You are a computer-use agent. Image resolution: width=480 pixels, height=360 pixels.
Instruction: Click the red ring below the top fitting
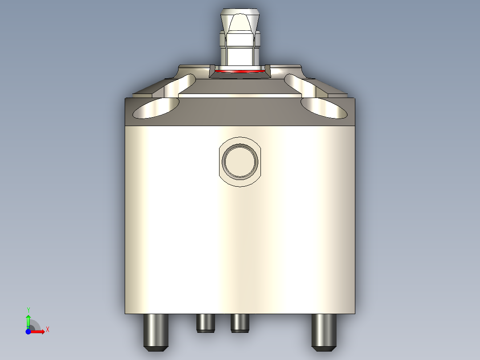click(240, 71)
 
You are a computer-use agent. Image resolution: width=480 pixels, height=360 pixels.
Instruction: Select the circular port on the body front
click(240, 161)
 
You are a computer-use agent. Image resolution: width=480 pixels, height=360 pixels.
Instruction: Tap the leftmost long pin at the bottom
click(156, 331)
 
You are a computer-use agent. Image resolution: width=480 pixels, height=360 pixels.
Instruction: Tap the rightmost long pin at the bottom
click(324, 331)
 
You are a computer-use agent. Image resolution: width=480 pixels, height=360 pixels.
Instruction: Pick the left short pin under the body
click(205, 323)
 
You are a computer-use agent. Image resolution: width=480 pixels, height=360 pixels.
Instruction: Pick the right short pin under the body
click(240, 323)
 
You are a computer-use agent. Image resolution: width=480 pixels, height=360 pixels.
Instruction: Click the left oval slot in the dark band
click(155, 108)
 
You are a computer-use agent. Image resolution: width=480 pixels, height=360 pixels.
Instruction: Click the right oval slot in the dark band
click(324, 108)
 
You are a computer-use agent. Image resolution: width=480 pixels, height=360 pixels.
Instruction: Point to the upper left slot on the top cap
click(181, 85)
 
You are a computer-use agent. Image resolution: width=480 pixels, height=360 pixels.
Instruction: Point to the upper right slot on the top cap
click(299, 85)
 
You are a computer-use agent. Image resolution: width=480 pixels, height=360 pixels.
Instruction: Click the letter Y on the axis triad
click(28, 309)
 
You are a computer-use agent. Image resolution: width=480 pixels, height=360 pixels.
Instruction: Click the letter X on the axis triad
click(47, 330)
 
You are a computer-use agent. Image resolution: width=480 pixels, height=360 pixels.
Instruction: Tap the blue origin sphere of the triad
click(28, 331)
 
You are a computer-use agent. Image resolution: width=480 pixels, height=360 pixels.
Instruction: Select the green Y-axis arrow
click(28, 320)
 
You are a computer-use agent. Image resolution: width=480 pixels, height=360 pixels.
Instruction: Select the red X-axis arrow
click(38, 331)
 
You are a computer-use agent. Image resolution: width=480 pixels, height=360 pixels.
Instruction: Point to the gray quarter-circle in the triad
click(34, 326)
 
